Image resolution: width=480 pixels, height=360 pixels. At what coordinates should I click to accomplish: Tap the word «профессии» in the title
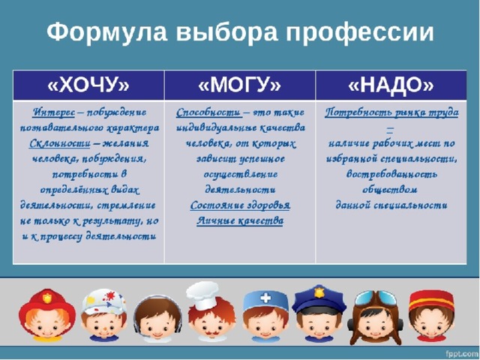pos(360,32)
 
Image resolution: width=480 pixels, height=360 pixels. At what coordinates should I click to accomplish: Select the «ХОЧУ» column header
pos(88,85)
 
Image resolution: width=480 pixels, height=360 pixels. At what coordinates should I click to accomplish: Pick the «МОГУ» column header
pos(240,85)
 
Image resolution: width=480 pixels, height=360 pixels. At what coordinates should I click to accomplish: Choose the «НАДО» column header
pos(391,85)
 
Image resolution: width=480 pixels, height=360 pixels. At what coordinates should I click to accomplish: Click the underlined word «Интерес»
pos(53,112)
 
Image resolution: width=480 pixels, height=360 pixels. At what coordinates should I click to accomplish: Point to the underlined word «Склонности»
pos(60,143)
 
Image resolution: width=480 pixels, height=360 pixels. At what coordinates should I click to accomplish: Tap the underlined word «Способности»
pos(208,112)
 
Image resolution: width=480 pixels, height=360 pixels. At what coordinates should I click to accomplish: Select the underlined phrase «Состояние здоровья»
pos(240,205)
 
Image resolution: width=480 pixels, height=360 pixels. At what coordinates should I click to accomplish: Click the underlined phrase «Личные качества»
pos(240,220)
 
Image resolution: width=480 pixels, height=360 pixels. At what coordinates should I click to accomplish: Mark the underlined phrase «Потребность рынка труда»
pos(391,112)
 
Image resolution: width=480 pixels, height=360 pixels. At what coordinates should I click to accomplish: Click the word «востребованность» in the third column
pos(391,174)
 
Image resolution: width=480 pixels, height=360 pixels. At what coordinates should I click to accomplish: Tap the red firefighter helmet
pos(46,306)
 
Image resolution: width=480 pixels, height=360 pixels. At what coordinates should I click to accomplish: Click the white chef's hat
pos(202,295)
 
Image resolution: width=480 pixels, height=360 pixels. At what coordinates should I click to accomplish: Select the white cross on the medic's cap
pos(265,298)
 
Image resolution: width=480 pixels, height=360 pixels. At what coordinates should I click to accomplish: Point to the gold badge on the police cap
pos(319,292)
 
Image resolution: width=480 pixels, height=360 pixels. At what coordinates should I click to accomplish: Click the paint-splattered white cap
pos(104,301)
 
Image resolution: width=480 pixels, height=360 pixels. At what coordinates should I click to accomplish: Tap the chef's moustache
pos(210,332)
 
